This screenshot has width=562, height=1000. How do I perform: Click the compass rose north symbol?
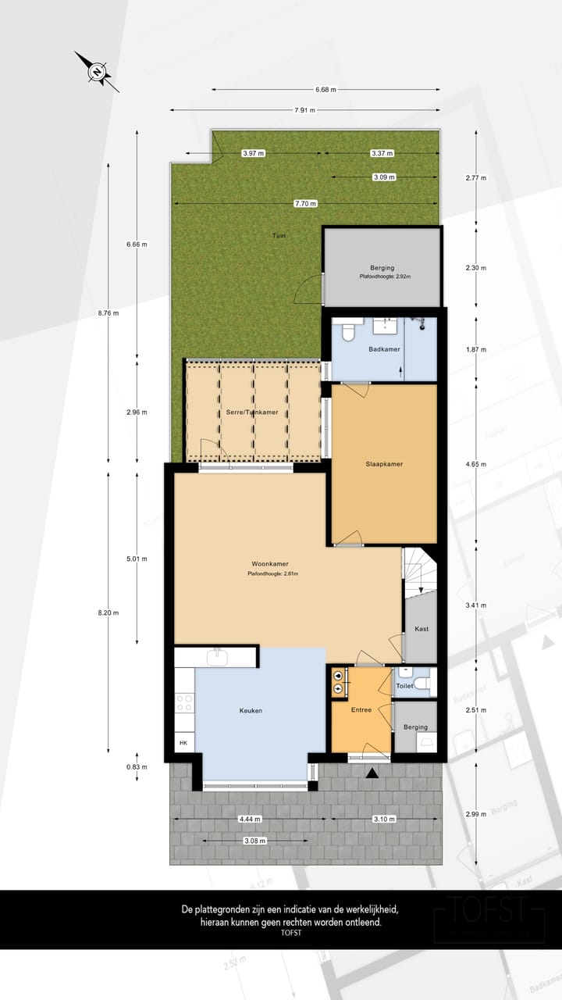point(96,72)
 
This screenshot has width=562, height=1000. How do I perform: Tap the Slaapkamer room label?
point(384,464)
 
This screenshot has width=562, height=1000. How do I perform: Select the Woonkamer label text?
point(272,563)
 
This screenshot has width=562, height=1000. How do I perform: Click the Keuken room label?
point(251,711)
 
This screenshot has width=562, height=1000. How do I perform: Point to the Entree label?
point(361,710)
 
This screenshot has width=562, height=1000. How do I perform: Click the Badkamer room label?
point(385,349)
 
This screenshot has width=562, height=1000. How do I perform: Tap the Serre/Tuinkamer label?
point(236,412)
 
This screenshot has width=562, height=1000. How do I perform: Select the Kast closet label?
point(421,629)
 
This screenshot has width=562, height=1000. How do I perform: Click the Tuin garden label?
point(278,235)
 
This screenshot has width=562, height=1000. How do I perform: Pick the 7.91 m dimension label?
point(305,110)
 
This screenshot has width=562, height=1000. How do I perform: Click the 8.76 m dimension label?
point(108,313)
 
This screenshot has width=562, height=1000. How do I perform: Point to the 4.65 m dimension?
point(475,464)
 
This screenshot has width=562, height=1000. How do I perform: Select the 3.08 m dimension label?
point(255,841)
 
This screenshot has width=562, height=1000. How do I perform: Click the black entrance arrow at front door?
point(372,773)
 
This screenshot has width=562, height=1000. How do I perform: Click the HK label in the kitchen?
point(184,743)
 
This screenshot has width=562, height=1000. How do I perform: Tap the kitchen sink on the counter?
point(217,657)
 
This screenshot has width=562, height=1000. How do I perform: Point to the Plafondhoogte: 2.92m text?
point(385,277)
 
